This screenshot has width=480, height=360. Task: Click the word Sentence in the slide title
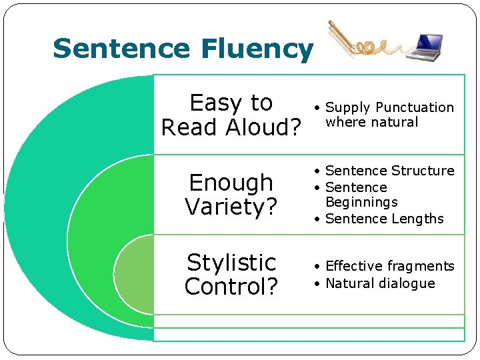pos(121,49)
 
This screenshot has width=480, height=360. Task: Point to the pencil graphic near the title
pos(342,37)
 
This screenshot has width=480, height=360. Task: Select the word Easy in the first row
pos(213,103)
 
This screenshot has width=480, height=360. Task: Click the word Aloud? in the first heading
pos(265,127)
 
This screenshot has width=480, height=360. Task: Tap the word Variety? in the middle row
pos(231,207)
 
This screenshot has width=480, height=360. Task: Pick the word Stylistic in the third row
pos(231,262)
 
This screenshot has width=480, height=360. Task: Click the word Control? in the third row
pos(231,287)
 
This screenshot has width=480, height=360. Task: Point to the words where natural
pos(371,122)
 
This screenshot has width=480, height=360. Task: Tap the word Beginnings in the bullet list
pos(361,202)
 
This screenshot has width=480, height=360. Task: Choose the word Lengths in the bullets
pos(417,219)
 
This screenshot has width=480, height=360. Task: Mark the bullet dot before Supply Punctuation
pos(319,108)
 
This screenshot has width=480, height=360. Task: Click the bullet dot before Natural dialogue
pos(319,284)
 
